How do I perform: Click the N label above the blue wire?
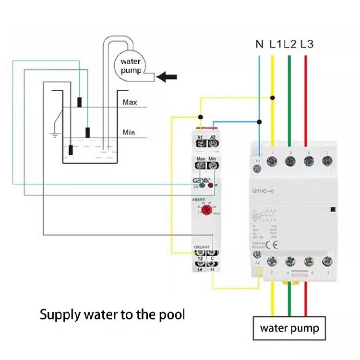coord(259,45)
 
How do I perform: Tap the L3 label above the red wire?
coord(307,45)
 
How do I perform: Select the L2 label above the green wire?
coord(289,45)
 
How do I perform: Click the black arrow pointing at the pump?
coord(167,76)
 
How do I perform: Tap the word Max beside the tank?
coord(130,102)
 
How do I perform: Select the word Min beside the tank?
coord(129,132)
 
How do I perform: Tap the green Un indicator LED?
coord(202,185)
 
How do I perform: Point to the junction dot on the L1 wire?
coord(273,97)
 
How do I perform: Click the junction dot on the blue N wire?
coord(259,121)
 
